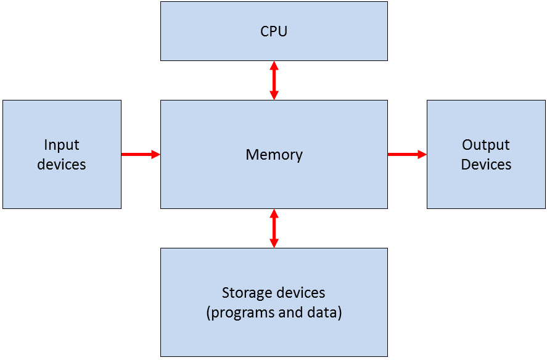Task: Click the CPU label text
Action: click(274, 31)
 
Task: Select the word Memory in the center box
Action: click(274, 154)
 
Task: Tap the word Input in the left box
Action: click(62, 145)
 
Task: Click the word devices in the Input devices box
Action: click(62, 165)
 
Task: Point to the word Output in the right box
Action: click(486, 145)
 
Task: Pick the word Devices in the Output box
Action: click(486, 165)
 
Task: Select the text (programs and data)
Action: click(274, 313)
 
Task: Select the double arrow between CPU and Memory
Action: click(274, 80)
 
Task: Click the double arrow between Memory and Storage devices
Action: click(274, 228)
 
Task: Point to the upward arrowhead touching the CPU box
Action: click(274, 65)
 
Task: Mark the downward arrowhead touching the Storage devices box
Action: click(274, 243)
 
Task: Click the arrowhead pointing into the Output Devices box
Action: click(422, 154)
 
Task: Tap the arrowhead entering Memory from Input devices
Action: click(155, 154)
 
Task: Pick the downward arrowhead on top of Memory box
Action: click(274, 95)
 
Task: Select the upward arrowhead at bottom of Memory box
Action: click(274, 213)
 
